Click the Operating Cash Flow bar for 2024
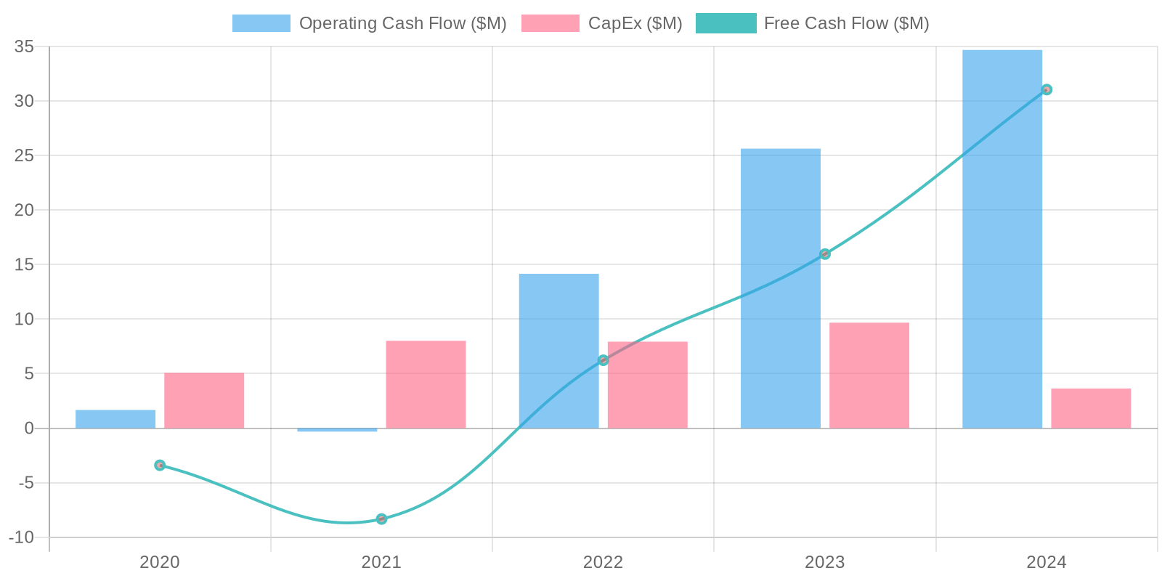click(x=1002, y=240)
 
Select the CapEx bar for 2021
click(x=426, y=385)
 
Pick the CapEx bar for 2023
click(x=869, y=375)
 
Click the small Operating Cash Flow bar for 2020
click(x=115, y=419)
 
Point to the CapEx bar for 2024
click(x=1091, y=409)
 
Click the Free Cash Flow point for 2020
click(x=160, y=466)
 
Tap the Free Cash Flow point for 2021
click(x=381, y=519)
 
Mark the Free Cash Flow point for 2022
click(x=603, y=360)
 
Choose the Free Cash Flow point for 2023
click(x=825, y=254)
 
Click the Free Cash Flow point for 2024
click(x=1047, y=90)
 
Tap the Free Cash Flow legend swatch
click(x=726, y=23)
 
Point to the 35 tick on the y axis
click(x=25, y=46)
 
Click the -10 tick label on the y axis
click(x=22, y=537)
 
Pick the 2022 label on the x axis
click(x=603, y=562)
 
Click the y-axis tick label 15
click(x=25, y=264)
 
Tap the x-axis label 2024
click(x=1047, y=562)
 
